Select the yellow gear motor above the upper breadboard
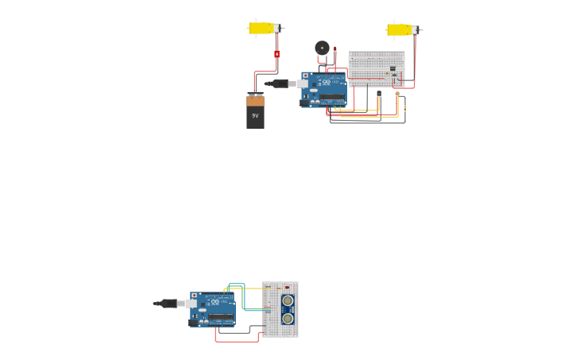tap(399, 30)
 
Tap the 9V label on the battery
tap(255, 116)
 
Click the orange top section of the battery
tap(255, 101)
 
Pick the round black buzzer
tap(322, 48)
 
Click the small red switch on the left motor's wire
tap(276, 54)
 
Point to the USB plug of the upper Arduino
tap(280, 83)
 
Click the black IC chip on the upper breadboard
tap(392, 68)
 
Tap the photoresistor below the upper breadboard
tap(397, 94)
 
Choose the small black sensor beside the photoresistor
tap(379, 94)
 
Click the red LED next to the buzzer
tap(334, 49)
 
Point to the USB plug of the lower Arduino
tap(169, 304)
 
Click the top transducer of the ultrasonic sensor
tap(288, 300)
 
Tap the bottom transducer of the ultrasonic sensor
tap(288, 318)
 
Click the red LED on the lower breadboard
tap(287, 287)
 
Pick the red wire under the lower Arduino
tap(236, 342)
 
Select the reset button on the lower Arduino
tap(194, 296)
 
